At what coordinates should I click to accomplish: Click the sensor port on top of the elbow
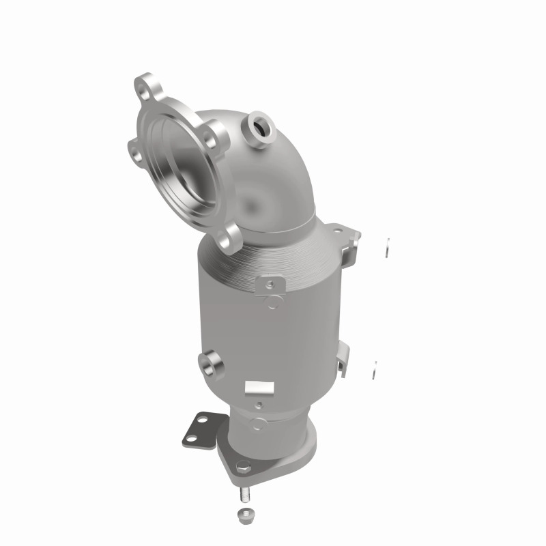[x=260, y=124]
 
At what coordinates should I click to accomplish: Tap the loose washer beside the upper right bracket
[x=387, y=248]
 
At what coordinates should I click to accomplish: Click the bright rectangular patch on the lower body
[x=258, y=387]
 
